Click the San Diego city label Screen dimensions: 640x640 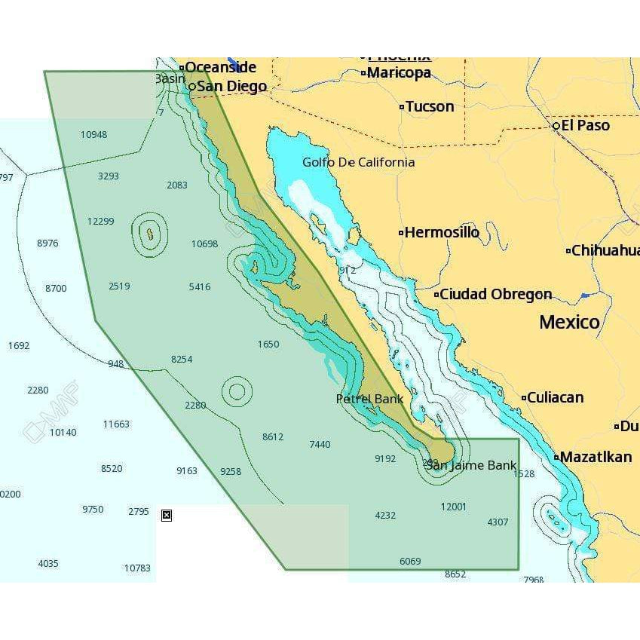click(231, 87)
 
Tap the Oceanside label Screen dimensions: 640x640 click(220, 67)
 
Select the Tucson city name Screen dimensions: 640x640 click(430, 106)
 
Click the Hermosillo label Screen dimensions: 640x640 click(442, 232)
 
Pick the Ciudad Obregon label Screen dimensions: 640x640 click(495, 294)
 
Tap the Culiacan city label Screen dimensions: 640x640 click(555, 397)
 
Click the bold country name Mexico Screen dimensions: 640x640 click(569, 323)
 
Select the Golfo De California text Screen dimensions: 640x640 click(358, 162)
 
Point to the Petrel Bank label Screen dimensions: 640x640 click(369, 399)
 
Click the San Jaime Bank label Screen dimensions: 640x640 click(471, 465)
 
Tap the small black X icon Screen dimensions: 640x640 click(167, 516)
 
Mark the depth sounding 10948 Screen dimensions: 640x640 click(93, 135)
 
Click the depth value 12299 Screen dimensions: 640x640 click(100, 221)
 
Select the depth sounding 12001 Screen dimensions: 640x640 click(453, 507)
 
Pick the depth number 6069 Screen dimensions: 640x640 click(410, 561)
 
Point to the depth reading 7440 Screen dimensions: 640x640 click(320, 444)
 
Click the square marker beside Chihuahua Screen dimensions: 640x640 click(568, 251)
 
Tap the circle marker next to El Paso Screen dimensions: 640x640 click(556, 125)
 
